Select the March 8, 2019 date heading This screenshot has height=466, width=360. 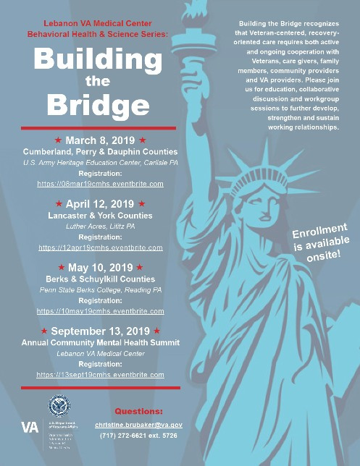pos(100,140)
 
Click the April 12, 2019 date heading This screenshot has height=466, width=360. pos(100,204)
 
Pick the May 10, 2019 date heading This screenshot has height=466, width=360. pos(100,268)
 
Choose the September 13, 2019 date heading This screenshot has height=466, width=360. pos(100,331)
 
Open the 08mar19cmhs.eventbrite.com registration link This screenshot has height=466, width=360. pos(100,184)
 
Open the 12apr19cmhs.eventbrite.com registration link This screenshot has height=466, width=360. pos(100,247)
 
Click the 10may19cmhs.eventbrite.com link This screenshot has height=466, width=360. pos(100,311)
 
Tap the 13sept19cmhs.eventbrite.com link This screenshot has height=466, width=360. pos(100,375)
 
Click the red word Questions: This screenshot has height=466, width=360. pos(139,410)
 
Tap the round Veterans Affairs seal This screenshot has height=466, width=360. pos(59,406)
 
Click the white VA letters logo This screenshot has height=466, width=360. pos(30,426)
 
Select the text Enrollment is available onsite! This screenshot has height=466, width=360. pos(320,243)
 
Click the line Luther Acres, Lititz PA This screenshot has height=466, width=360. pos(100,226)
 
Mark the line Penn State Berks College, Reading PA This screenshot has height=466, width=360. pos(100,289)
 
